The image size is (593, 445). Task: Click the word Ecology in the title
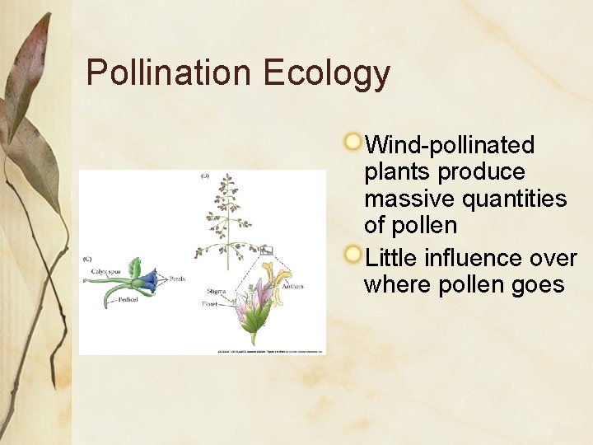pos(327,74)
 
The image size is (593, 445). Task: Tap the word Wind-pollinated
pos(450,145)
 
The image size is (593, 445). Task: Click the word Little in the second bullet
pos(391,258)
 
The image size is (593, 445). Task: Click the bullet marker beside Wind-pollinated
pos(353,142)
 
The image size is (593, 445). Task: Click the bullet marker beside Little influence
pos(353,255)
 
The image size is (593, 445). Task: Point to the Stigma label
pos(217,292)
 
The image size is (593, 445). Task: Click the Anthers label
pos(292,287)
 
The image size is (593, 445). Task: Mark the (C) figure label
pos(87,260)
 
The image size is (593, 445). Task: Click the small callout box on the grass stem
pos(266,250)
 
